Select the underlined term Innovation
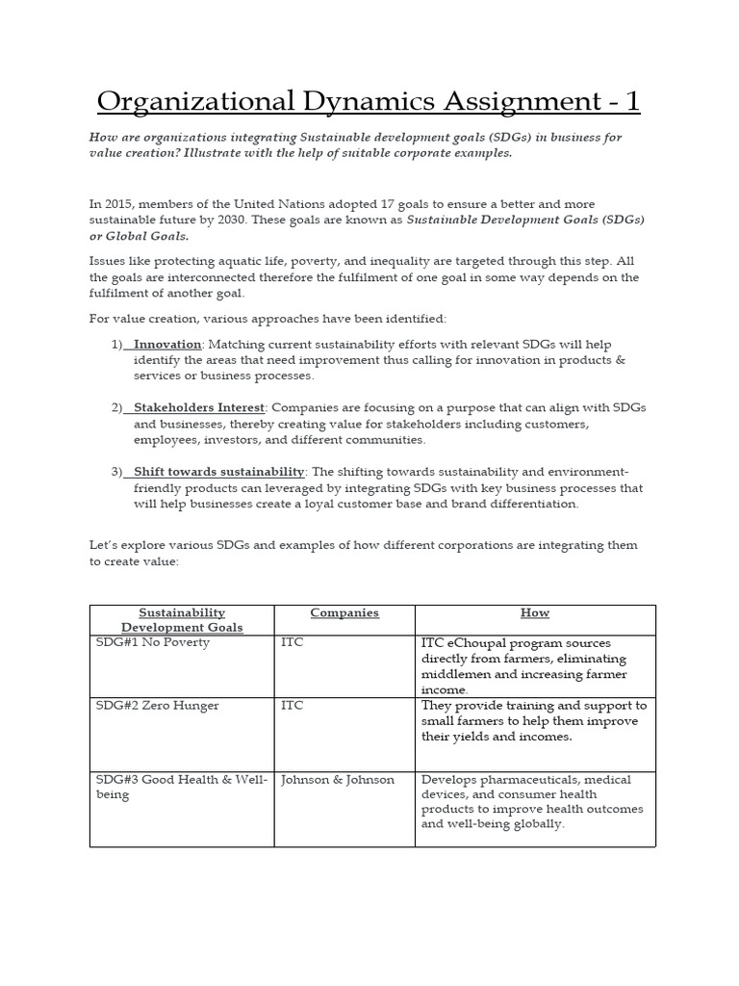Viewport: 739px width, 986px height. point(167,345)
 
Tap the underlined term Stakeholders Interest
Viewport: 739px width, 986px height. point(199,408)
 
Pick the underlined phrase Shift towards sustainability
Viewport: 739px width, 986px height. point(219,472)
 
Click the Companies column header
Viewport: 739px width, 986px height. point(344,613)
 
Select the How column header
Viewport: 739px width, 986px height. point(534,613)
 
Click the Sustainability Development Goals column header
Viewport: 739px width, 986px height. point(182,620)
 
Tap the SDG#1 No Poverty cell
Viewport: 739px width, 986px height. point(151,643)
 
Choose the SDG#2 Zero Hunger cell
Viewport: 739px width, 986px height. point(157,706)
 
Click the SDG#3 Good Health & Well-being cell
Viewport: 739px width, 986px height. point(181,788)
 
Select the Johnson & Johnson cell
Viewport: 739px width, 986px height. point(337,780)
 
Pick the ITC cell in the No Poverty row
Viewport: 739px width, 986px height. point(292,643)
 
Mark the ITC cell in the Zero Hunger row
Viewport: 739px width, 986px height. point(292,706)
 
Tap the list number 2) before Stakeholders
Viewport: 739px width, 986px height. point(117,408)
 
